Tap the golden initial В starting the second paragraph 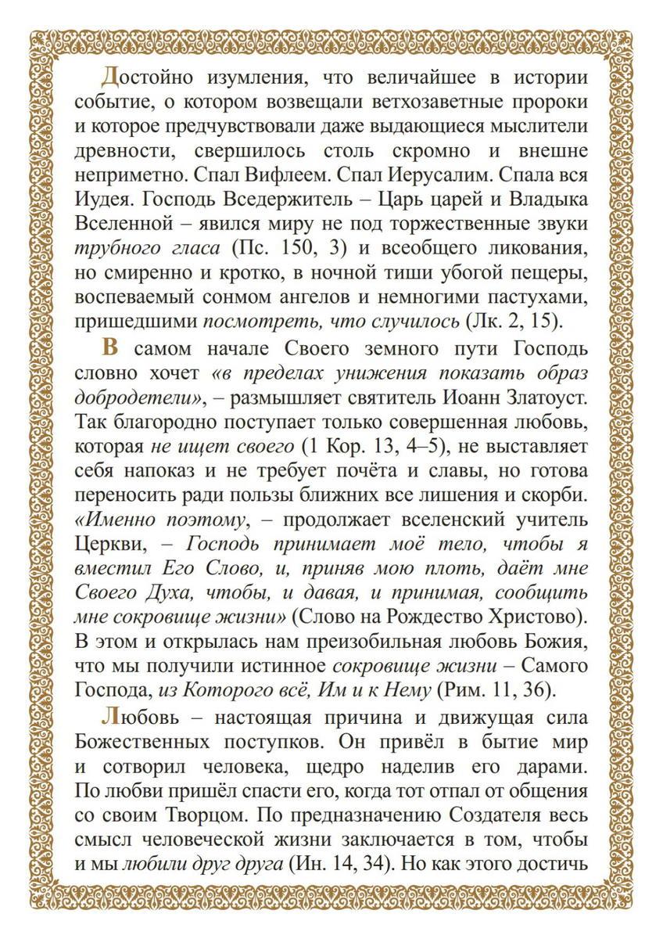click(x=109, y=348)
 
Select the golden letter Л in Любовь click(x=109, y=717)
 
